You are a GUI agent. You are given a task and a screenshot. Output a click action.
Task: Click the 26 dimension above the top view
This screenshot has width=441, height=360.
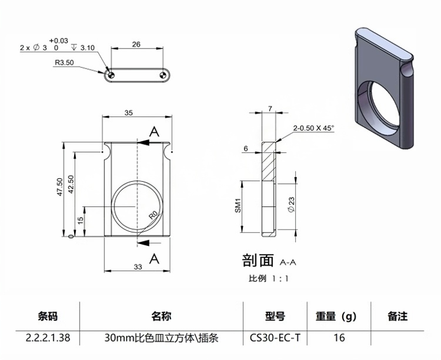click(136, 44)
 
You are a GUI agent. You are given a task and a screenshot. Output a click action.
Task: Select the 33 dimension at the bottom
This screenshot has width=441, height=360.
click(138, 266)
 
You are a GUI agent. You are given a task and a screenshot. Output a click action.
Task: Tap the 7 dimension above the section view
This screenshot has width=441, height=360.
click(270, 108)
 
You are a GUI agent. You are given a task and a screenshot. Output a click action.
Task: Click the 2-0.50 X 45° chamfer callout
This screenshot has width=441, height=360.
click(313, 128)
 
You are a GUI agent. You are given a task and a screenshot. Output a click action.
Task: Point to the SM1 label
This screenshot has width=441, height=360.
click(239, 205)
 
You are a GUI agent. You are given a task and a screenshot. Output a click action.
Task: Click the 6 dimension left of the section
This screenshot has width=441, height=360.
click(245, 149)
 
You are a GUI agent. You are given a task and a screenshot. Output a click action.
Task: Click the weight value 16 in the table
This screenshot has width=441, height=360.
click(339, 338)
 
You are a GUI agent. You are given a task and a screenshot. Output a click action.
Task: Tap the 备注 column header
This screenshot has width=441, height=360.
click(397, 316)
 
